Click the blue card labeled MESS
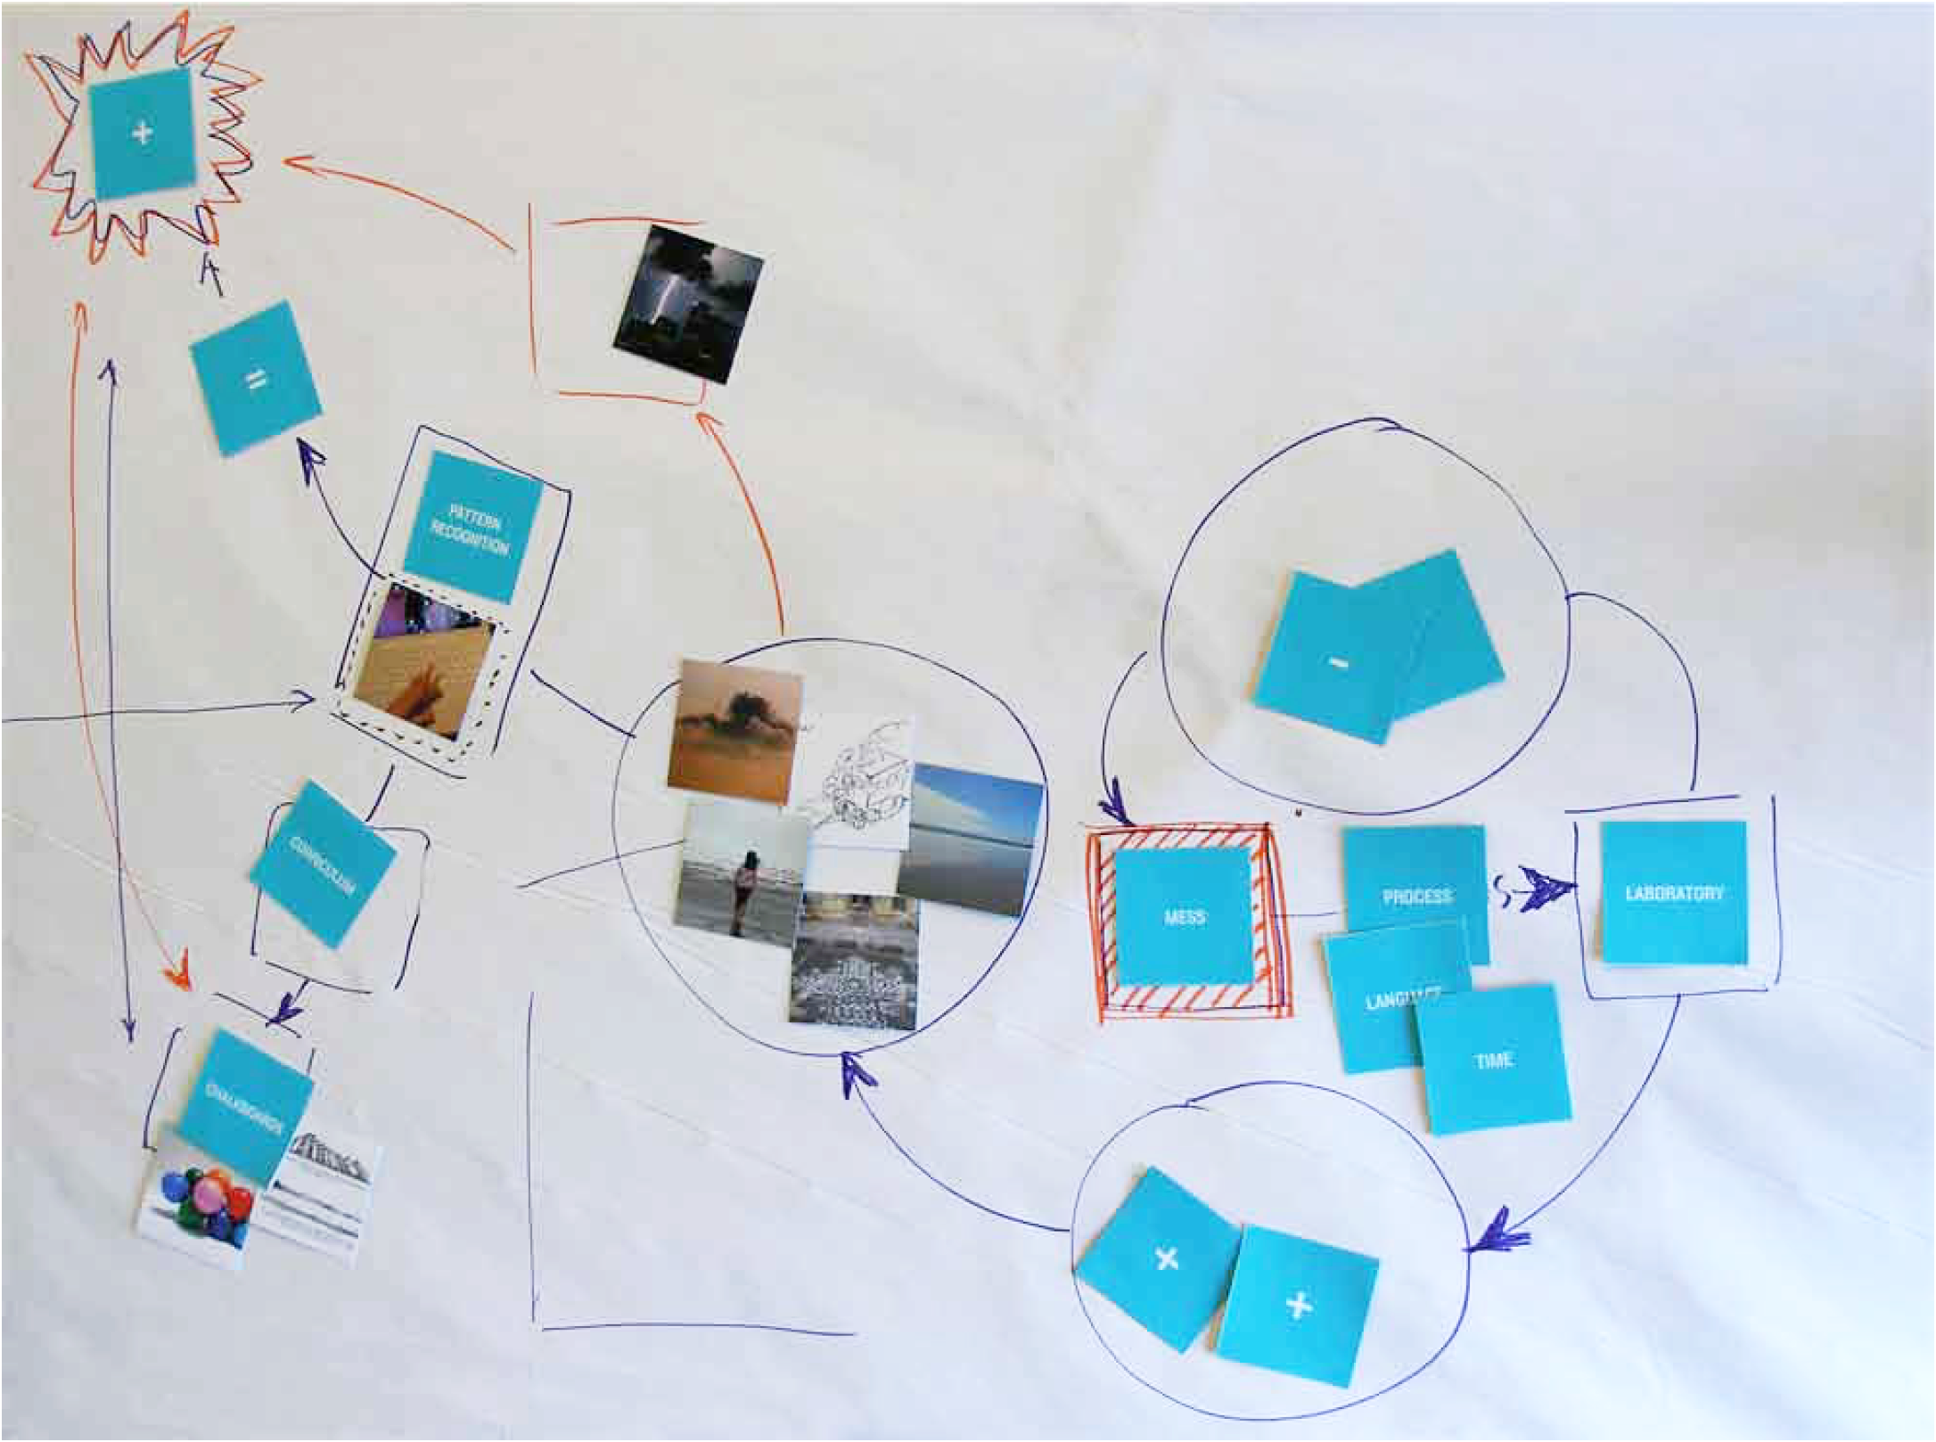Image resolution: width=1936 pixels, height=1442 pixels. pyautogui.click(x=1184, y=914)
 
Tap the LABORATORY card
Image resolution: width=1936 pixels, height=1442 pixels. pyautogui.click(x=1673, y=892)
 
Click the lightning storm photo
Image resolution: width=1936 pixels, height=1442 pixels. pyautogui.click(x=687, y=303)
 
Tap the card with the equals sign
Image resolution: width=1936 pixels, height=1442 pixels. pyautogui.click(x=255, y=379)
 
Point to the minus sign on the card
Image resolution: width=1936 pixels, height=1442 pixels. pyautogui.click(x=1338, y=662)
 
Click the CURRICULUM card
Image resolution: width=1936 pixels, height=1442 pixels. pyautogui.click(x=322, y=864)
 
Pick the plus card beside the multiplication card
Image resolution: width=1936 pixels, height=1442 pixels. pyautogui.click(x=1298, y=1305)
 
